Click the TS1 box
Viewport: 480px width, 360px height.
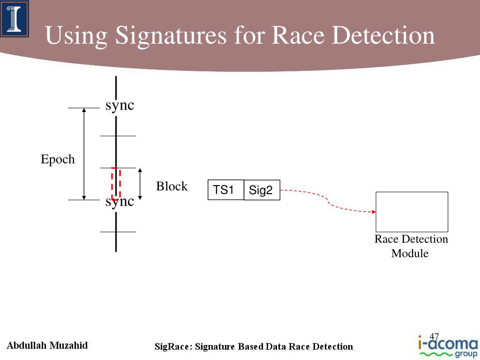[225, 190]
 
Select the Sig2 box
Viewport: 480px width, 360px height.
[262, 190]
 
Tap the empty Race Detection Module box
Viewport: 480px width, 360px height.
[412, 211]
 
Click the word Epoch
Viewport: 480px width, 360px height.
[58, 159]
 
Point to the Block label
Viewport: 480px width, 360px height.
[172, 187]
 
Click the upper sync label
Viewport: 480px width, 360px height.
[120, 105]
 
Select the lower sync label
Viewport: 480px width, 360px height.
[120, 202]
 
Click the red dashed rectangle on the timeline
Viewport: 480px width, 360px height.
[116, 183]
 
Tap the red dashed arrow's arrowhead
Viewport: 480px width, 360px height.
[374, 212]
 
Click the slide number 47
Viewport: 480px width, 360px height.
[434, 337]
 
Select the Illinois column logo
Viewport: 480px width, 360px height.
[15, 19]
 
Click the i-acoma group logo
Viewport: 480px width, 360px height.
[447, 346]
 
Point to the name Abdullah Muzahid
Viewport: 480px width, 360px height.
[47, 346]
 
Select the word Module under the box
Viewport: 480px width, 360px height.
[410, 254]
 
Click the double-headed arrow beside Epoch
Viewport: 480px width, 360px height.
[84, 154]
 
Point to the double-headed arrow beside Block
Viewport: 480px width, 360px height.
[140, 184]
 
